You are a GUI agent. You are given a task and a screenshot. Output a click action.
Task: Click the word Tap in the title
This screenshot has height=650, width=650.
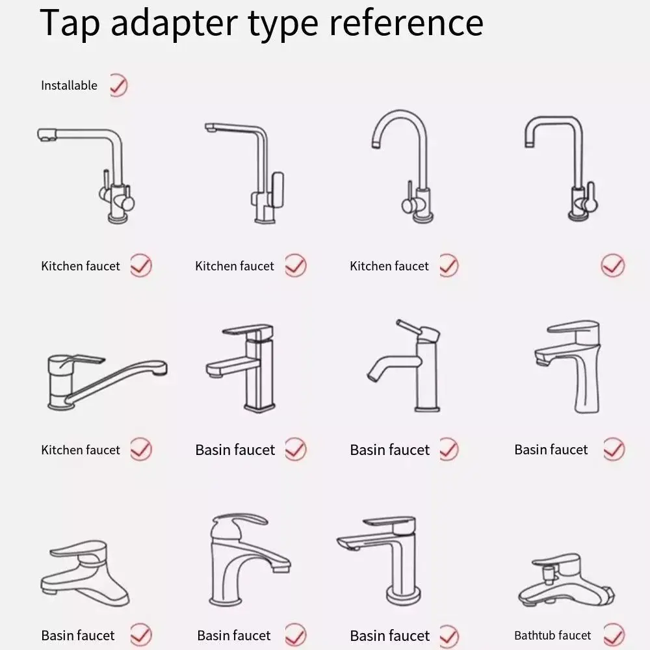point(70,23)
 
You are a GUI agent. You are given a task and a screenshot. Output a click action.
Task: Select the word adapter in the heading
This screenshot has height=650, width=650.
point(174,23)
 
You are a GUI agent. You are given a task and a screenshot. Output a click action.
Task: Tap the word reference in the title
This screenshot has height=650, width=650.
point(406,23)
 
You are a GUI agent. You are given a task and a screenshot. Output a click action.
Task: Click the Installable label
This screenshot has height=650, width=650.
point(70,85)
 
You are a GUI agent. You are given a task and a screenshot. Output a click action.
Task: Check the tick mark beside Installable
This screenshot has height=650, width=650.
point(118,85)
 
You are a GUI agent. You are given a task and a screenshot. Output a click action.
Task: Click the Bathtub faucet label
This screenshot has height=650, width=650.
point(552,635)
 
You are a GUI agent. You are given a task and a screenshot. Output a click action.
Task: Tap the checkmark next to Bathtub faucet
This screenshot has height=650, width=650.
point(614,634)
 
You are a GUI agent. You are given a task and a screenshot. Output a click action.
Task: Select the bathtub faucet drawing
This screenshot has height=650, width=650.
point(567,580)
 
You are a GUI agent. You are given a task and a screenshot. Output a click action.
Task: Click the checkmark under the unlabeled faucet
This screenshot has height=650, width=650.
point(613,265)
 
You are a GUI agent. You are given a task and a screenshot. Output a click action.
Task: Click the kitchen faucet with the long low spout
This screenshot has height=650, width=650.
point(107,382)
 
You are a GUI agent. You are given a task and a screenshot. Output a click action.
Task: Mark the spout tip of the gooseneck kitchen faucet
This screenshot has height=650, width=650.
point(376,145)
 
